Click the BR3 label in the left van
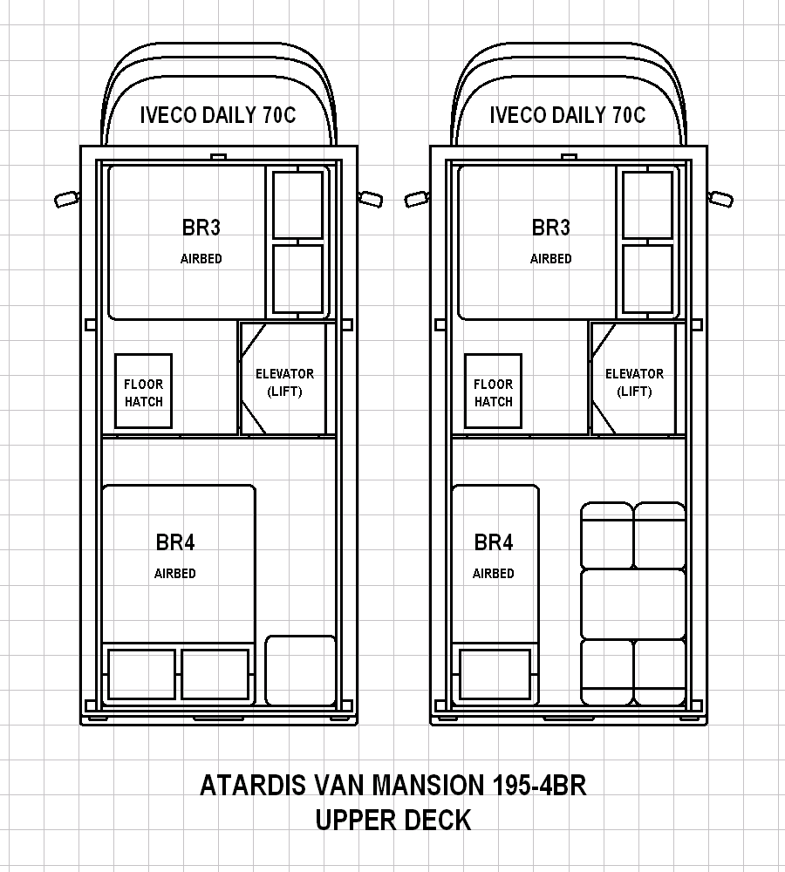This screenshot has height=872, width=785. [x=201, y=228]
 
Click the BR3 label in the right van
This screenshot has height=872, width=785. [x=550, y=228]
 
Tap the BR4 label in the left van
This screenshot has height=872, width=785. [x=175, y=542]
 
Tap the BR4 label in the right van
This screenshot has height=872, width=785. [x=494, y=542]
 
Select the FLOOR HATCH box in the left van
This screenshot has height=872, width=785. [x=144, y=391]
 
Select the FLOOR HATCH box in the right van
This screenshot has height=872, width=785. [x=494, y=391]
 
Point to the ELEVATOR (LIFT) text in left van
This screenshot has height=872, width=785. [x=285, y=383]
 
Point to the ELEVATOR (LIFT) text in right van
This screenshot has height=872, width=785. [x=635, y=383]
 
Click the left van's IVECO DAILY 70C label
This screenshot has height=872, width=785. [x=218, y=115]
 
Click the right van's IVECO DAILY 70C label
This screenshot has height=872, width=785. [x=568, y=115]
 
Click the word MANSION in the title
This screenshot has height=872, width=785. [x=428, y=786]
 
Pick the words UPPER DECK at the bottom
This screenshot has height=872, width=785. [x=393, y=821]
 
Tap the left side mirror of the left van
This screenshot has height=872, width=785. [x=67, y=199]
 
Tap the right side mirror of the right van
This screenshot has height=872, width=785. [x=720, y=199]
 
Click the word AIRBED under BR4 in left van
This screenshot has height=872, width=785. [x=175, y=574]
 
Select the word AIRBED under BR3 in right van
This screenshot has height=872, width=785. [x=550, y=259]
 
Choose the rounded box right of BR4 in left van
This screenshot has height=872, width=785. [x=300, y=671]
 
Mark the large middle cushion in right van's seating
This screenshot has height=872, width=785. [x=633, y=604]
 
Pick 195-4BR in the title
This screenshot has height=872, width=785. [x=539, y=786]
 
